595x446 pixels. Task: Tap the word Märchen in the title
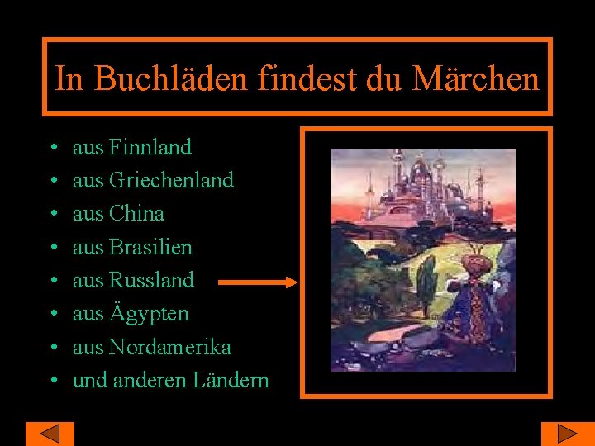tap(475, 78)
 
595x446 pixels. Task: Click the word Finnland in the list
tap(150, 147)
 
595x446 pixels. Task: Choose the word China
tap(136, 213)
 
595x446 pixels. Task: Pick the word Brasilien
tap(150, 247)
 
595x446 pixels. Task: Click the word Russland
tap(151, 280)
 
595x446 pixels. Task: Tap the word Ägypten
tap(149, 314)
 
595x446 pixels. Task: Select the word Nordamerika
tap(169, 347)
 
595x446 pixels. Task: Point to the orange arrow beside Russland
tap(258, 282)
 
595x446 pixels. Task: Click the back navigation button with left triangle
tap(50, 434)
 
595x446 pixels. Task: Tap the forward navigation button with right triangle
tap(567, 434)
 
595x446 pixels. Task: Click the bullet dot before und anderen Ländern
tap(52, 382)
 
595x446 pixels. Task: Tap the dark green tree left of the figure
tap(426, 289)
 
